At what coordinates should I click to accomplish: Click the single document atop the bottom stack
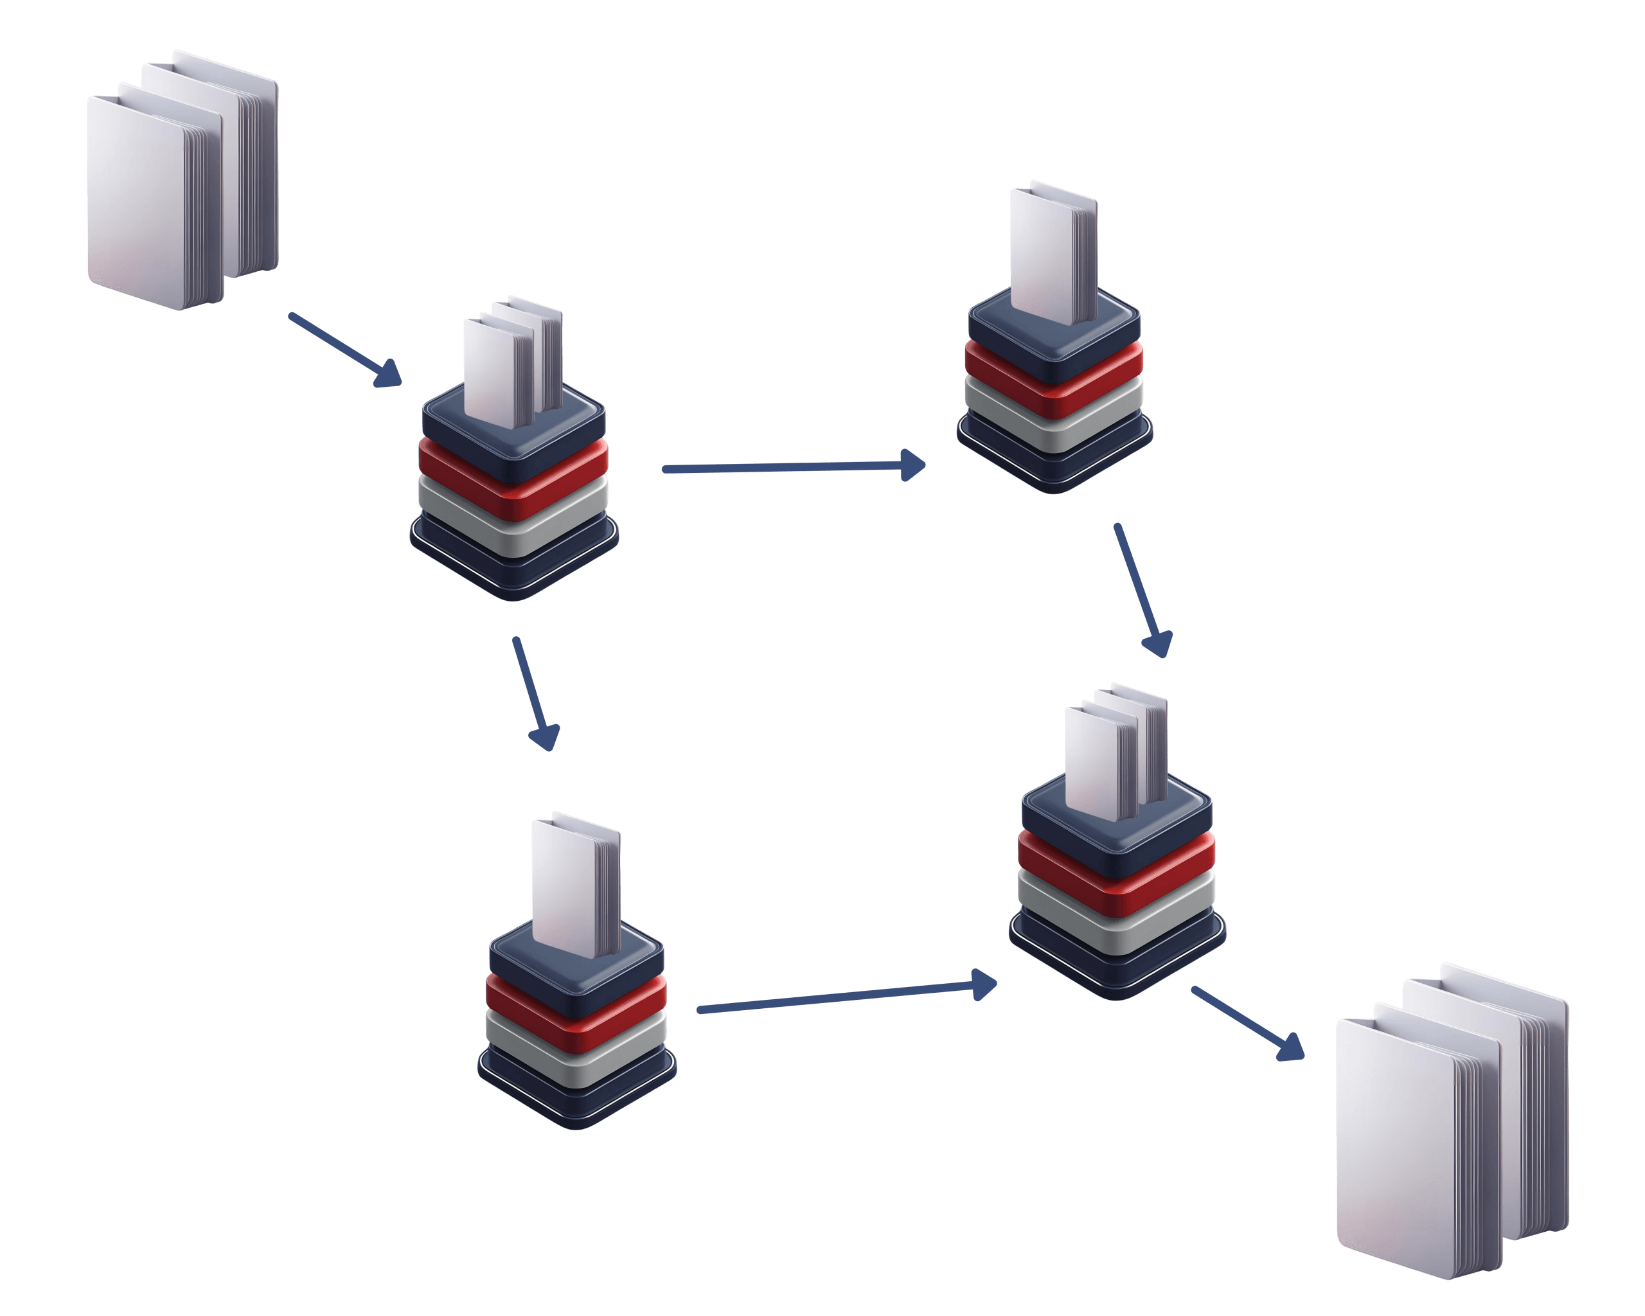[569, 885]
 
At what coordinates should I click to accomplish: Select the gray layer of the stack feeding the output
[1116, 916]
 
